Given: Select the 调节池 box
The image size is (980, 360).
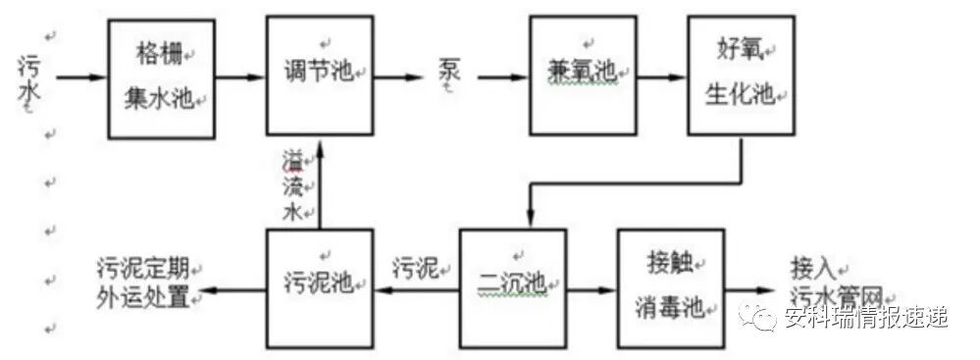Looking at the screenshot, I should pos(320,75).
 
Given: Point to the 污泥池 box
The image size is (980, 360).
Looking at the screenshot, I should pos(320,288).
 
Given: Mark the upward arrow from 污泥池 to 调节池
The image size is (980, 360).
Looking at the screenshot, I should pos(321,187).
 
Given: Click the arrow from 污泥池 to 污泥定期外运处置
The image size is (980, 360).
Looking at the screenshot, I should pos(230,290).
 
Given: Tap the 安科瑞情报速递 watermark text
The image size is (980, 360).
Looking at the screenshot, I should pos(863,318).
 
